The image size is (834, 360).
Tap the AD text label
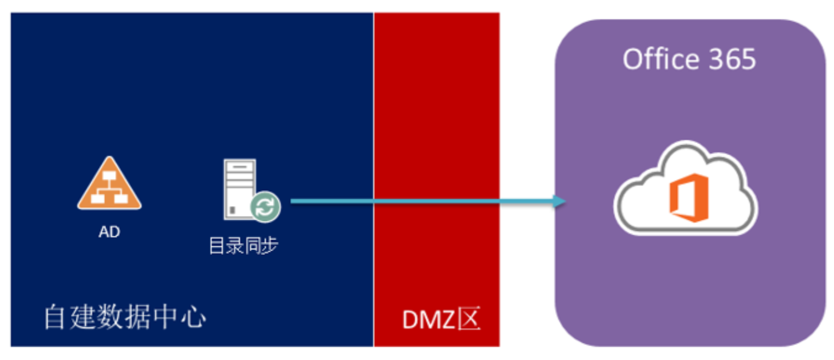point(109,232)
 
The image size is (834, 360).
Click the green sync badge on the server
point(266,207)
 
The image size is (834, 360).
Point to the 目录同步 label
point(243,246)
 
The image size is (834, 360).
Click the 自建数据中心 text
point(125,318)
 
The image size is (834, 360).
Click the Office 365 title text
point(689,59)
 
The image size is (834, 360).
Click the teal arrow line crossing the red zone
point(437,201)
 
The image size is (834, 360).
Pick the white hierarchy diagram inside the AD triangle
point(109,189)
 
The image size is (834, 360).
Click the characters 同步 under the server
point(261,246)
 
